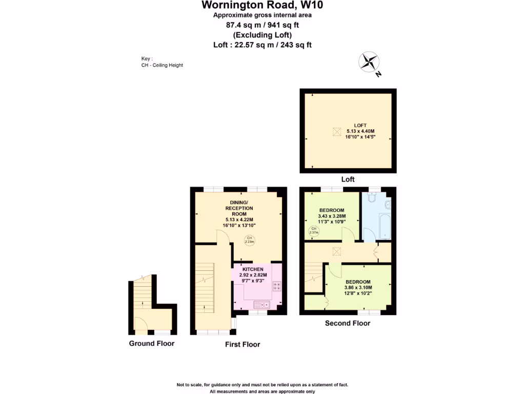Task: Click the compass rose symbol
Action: [368, 62]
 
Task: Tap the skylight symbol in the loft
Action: [336, 132]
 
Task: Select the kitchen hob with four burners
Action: [277, 286]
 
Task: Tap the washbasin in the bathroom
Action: [388, 205]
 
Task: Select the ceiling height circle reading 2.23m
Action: [249, 240]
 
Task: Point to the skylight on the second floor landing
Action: [336, 251]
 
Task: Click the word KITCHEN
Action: [253, 269]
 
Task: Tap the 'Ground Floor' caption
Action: [151, 343]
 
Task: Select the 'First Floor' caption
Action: [243, 344]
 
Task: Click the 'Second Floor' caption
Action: [348, 323]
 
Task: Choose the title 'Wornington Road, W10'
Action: [262, 6]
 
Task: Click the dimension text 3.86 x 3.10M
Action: [358, 288]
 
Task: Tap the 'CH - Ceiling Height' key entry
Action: [162, 65]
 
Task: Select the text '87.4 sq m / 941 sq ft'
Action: [262, 25]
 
